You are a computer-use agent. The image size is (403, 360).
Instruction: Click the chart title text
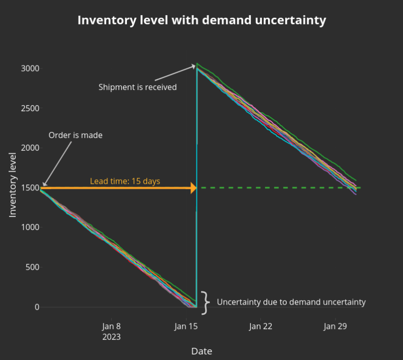(201, 20)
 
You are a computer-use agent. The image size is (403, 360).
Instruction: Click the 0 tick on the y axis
(37, 307)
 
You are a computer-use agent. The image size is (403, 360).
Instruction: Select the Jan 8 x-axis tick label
(111, 326)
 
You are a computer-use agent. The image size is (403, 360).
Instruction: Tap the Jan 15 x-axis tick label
(186, 326)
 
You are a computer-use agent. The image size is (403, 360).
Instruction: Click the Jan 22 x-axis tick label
(261, 326)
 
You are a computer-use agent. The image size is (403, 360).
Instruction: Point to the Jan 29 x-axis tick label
(335, 326)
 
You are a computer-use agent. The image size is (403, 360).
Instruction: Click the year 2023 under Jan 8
(111, 337)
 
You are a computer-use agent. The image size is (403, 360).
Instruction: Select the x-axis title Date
(201, 351)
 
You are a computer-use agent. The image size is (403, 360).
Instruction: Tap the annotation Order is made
(76, 136)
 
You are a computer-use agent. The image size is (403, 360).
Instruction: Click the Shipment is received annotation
(138, 87)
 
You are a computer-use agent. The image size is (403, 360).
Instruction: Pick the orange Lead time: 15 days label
(125, 181)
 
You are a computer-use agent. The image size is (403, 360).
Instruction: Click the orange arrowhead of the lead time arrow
(193, 188)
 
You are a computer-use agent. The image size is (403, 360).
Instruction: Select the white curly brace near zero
(206, 303)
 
